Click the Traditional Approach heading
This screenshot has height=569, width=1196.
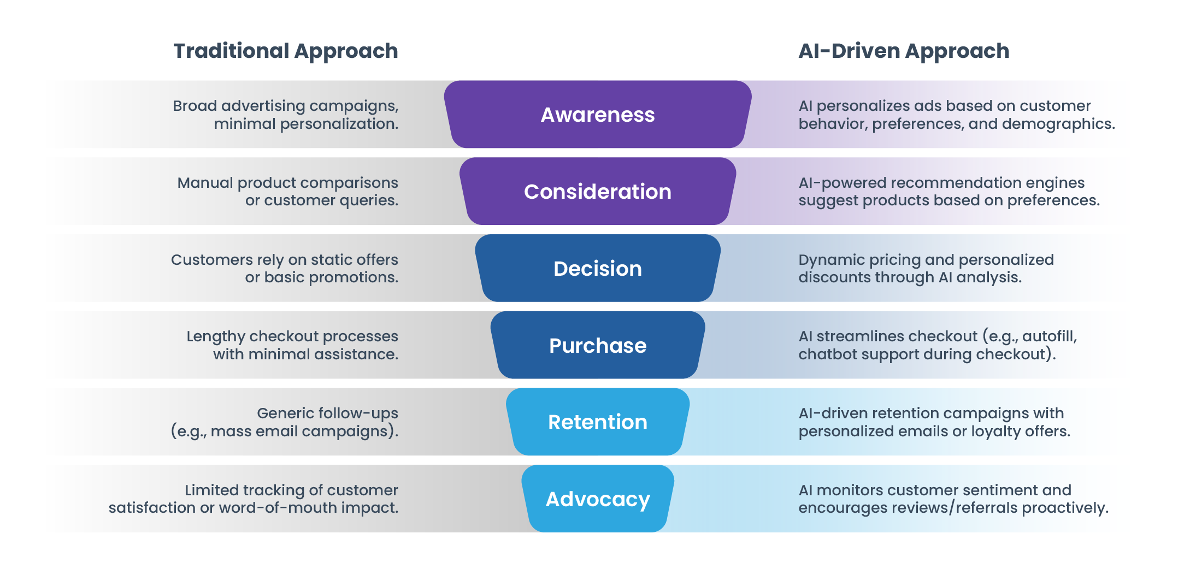click(285, 51)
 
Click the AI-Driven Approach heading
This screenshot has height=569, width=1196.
click(903, 51)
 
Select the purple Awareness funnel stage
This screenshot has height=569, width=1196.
click(597, 115)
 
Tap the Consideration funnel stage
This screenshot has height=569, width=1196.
click(597, 192)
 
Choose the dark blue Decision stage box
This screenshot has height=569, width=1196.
click(597, 269)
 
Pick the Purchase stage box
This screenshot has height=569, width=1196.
click(597, 346)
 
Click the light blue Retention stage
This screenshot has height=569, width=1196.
click(597, 422)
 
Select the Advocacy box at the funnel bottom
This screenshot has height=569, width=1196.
click(597, 499)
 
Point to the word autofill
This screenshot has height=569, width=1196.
click(1048, 336)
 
